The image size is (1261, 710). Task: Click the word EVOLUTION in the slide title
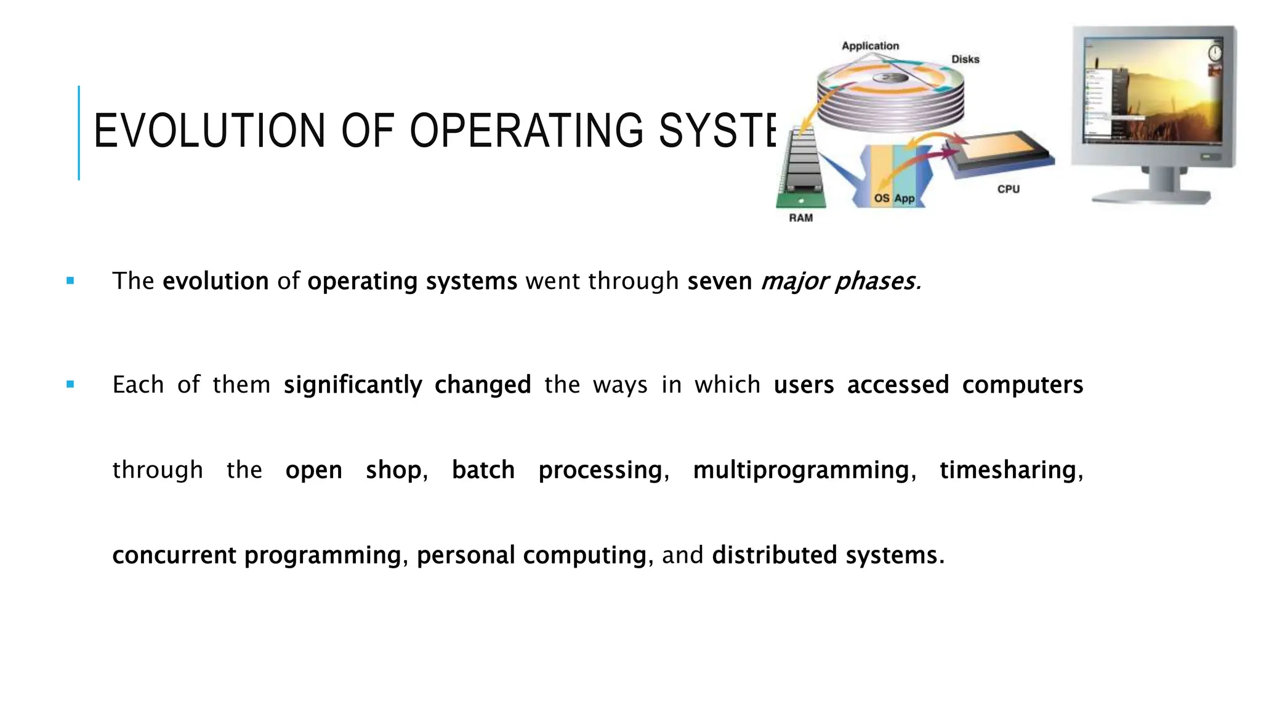[x=209, y=131]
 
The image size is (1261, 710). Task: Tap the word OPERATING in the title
[x=527, y=131]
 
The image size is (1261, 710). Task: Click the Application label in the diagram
[x=870, y=46]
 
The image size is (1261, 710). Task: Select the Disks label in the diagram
[x=965, y=59]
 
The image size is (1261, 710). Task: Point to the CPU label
[x=1008, y=189]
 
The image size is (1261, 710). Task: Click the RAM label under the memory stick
[x=800, y=218]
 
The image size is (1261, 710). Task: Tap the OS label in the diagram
[x=882, y=198]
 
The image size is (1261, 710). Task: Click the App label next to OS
[x=904, y=198]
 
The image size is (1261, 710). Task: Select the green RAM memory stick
[x=800, y=169]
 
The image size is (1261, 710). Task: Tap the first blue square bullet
[x=70, y=281]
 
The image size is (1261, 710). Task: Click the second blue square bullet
[x=70, y=385]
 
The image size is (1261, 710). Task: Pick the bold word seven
[x=719, y=281]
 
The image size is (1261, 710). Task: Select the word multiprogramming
[x=800, y=470]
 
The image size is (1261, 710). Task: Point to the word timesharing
[x=1007, y=470]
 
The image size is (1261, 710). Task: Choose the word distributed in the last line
[x=774, y=555]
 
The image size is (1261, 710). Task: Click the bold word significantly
[x=352, y=385]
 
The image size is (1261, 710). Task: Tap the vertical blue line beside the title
[x=79, y=133]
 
